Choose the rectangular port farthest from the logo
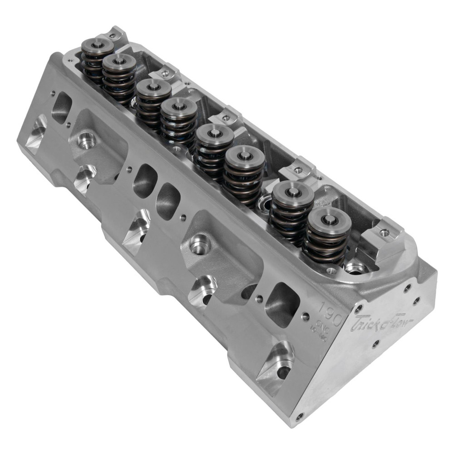coord(61,108)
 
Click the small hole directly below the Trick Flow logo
coord(376,344)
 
